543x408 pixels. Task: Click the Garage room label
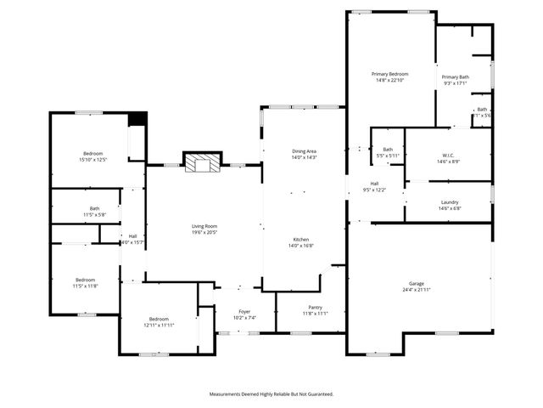(x=417, y=284)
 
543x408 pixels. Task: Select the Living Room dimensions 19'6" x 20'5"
(x=204, y=232)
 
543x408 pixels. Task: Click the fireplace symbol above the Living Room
(x=203, y=162)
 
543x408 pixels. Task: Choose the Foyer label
(x=244, y=312)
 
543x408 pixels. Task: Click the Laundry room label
(x=449, y=202)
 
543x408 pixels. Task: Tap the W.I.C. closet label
(x=449, y=156)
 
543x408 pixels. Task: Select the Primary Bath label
(x=455, y=77)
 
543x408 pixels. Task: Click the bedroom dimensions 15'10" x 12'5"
(x=92, y=160)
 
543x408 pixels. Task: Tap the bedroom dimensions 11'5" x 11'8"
(x=85, y=286)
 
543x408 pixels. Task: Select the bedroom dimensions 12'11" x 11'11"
(x=159, y=326)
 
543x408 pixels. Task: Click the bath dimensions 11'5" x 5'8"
(x=94, y=215)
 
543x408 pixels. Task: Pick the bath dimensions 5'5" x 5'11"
(x=388, y=156)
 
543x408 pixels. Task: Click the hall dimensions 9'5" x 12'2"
(x=374, y=190)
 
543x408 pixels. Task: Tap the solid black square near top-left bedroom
(x=137, y=119)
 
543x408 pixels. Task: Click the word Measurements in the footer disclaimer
(x=230, y=394)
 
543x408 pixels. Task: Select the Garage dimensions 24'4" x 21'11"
(x=417, y=291)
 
